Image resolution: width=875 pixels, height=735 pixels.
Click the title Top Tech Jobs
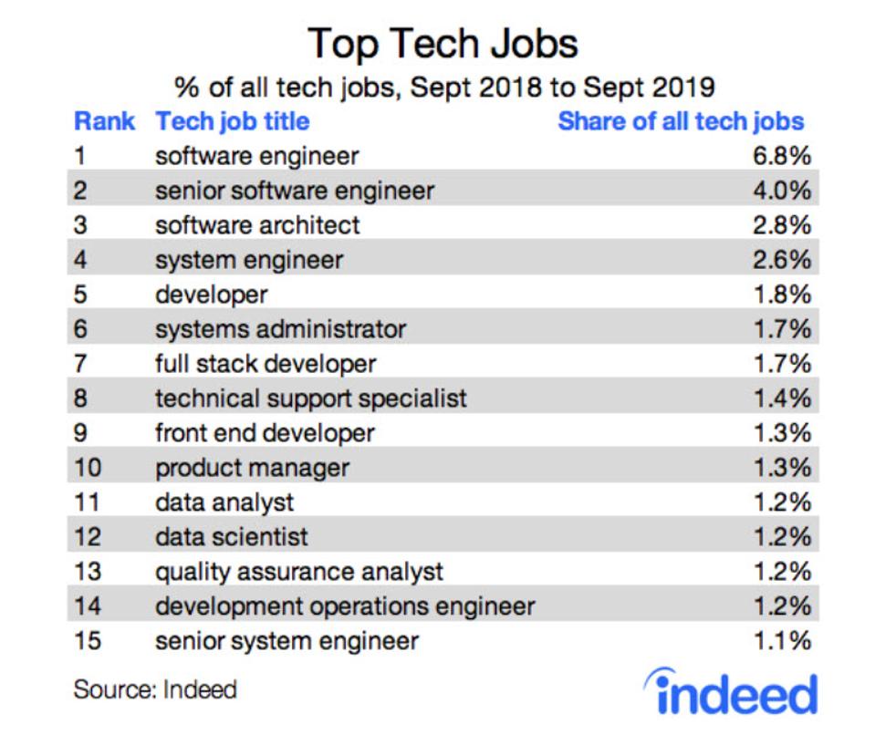tap(443, 43)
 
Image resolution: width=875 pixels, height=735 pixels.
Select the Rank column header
tap(104, 121)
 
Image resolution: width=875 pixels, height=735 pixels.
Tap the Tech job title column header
tap(233, 121)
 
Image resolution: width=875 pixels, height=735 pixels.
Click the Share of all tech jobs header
tap(682, 121)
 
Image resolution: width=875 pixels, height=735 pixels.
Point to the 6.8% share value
tap(782, 156)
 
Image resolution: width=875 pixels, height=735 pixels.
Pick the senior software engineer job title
tap(295, 191)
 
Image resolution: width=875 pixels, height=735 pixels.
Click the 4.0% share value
tap(782, 191)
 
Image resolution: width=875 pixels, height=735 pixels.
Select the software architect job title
tap(257, 224)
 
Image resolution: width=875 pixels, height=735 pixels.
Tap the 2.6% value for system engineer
tap(782, 259)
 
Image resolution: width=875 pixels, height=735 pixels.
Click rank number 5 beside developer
tap(80, 294)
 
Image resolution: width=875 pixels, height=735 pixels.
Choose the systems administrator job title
tap(280, 328)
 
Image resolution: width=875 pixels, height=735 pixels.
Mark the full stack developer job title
tap(266, 363)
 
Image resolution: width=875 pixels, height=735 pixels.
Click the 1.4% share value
tap(782, 398)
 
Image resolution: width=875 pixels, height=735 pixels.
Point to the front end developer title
tap(265, 432)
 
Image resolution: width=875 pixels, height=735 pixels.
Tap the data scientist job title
tap(232, 536)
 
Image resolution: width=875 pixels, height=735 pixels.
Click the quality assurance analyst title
tap(299, 571)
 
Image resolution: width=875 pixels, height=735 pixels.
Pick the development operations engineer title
tap(345, 606)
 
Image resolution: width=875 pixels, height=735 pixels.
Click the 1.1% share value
tap(782, 640)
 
